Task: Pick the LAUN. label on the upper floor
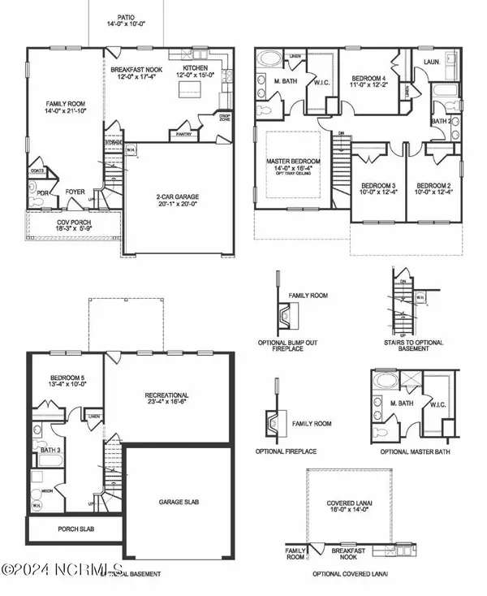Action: (x=432, y=60)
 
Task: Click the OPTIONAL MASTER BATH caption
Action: (x=411, y=451)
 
